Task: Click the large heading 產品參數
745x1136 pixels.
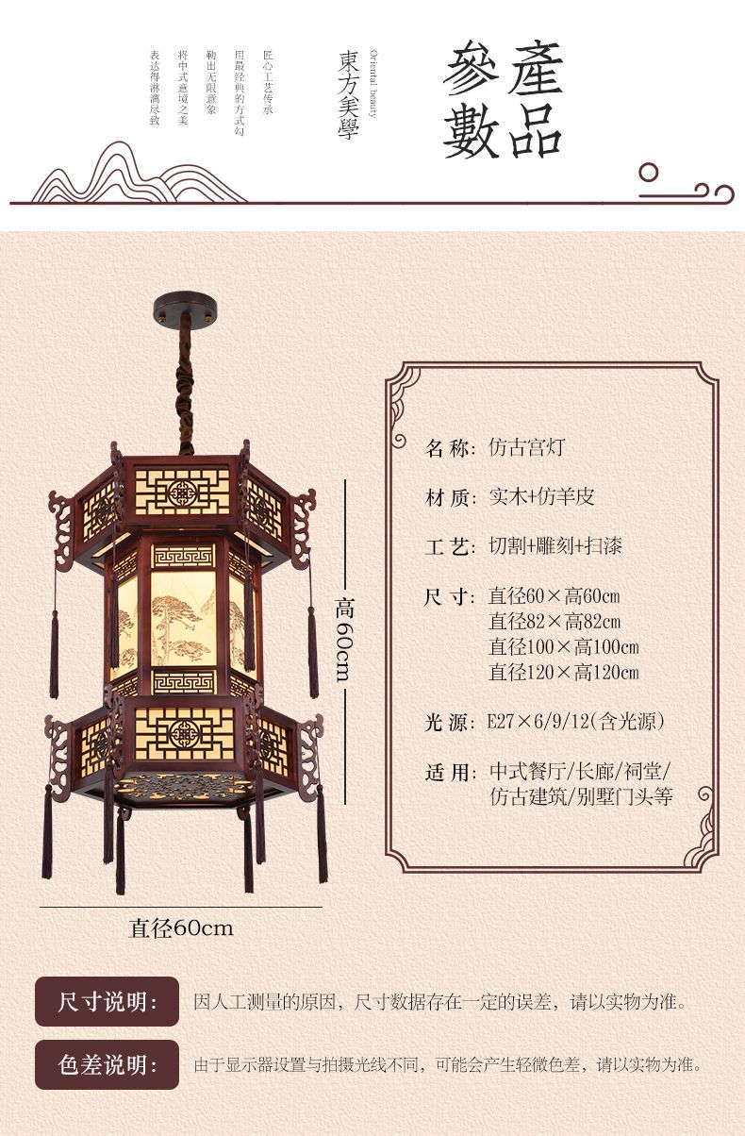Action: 504,100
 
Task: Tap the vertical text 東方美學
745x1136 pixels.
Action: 348,94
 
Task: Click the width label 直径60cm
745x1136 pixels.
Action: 181,927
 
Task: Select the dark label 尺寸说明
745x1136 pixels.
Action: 107,1001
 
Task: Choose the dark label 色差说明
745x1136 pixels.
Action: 107,1065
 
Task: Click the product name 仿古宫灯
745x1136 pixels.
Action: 526,447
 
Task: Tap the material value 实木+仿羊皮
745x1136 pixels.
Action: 541,497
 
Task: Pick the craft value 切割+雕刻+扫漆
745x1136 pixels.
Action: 555,546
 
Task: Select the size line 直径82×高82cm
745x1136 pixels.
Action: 555,622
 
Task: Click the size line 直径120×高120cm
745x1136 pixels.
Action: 563,672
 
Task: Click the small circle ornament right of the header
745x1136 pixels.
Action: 649,173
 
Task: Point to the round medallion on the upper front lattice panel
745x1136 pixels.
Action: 182,492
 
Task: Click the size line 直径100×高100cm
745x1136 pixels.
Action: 563,647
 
